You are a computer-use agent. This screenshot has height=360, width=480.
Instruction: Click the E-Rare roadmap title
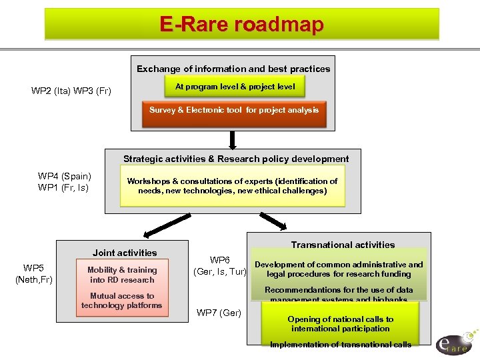coord(241,25)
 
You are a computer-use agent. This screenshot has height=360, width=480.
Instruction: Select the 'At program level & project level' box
coord(235,87)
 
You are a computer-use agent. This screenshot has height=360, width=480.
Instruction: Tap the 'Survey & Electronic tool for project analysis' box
coord(233,111)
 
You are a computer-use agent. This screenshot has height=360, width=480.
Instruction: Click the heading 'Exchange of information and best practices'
coord(233,69)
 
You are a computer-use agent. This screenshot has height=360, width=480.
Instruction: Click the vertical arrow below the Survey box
coord(233,139)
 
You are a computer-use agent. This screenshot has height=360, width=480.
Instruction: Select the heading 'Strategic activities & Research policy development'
coord(235,159)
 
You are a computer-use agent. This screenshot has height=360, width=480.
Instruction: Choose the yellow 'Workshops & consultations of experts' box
coord(232,186)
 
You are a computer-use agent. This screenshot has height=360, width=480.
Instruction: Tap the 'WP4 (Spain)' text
coord(65,176)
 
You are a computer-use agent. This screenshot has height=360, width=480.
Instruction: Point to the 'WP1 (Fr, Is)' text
coord(63,187)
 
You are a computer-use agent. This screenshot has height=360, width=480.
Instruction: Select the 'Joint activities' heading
coord(125,253)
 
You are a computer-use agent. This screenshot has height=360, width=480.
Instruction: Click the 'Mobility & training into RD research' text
coord(122,275)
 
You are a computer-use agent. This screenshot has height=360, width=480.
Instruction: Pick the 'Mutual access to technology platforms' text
coord(122,301)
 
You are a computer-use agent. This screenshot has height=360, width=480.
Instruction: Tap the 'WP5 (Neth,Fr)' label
coord(33,274)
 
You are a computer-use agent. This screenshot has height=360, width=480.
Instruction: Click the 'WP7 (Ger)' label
coord(219,313)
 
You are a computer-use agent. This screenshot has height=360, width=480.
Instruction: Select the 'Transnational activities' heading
coord(343,245)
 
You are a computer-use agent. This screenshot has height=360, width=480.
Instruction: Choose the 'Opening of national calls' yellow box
coord(341,324)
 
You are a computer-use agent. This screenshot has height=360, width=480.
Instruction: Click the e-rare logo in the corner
coord(455,341)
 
